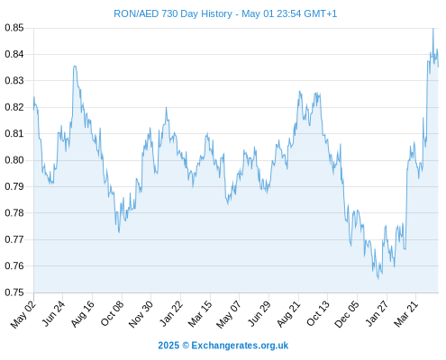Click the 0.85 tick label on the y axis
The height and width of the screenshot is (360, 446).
(14, 28)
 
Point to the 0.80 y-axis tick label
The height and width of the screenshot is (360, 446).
(14, 160)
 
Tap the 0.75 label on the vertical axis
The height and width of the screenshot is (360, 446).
(14, 292)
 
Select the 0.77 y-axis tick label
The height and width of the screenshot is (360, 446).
(14, 239)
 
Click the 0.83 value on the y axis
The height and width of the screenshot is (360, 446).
(14, 81)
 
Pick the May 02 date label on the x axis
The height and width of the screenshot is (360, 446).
(23, 314)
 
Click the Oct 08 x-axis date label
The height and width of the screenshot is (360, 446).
(112, 313)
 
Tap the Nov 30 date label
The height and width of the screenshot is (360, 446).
(141, 314)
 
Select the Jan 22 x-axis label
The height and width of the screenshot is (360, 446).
(171, 313)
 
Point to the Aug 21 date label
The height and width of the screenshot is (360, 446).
(288, 314)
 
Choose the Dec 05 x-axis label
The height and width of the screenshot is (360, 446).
(347, 314)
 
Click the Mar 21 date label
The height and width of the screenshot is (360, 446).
(406, 314)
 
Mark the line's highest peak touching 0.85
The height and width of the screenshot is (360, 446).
(432, 29)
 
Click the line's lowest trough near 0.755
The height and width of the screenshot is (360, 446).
(378, 279)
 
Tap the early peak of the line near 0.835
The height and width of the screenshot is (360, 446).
(75, 67)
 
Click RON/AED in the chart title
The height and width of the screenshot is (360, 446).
(136, 13)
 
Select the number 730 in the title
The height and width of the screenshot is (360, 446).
(170, 13)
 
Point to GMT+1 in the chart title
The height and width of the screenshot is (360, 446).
(321, 13)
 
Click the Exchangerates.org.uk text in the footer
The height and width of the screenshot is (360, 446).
(240, 346)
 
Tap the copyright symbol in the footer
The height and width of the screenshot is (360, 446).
(186, 346)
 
